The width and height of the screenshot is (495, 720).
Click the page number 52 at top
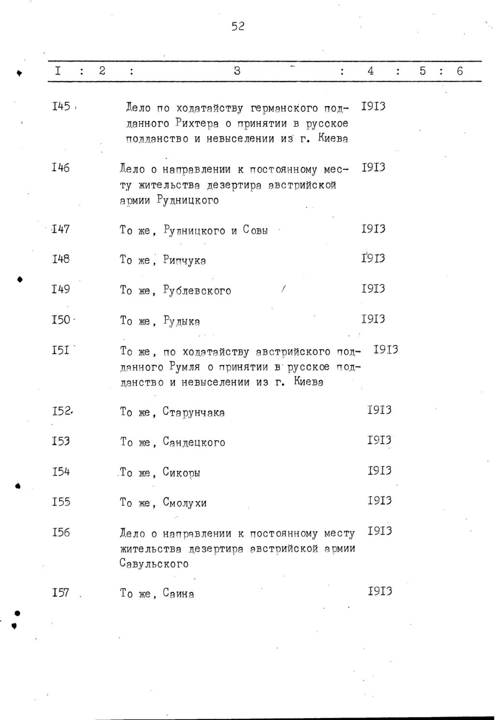237,27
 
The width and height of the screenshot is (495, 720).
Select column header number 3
237,71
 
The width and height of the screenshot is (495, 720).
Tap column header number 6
459,71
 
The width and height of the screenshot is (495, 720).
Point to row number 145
61,106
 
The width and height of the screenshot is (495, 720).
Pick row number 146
61,168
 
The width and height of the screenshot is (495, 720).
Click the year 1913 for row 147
373,229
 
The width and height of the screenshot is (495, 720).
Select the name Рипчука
185,261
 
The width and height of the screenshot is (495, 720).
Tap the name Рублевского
197,291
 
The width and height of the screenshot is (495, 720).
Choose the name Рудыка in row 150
182,322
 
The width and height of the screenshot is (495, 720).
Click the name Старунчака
194,413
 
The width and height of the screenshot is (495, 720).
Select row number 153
61,441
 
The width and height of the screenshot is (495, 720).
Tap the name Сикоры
182,473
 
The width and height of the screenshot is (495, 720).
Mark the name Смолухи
185,503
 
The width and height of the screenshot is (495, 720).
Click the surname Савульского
154,564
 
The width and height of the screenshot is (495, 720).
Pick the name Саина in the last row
178,594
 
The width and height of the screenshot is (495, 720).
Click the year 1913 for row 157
379,592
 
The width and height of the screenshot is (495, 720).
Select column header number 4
370,71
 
